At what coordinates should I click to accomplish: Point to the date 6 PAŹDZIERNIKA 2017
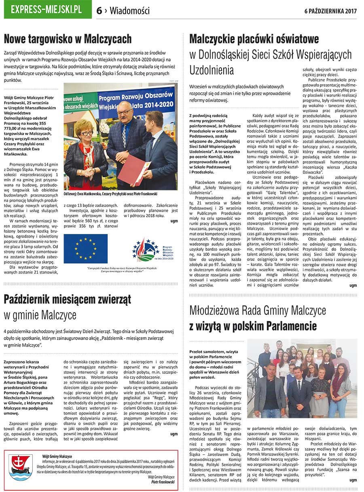point(330,11)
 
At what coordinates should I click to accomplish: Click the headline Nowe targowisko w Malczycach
point(68,39)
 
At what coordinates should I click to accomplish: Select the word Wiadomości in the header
point(129,11)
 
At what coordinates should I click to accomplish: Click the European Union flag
point(85,249)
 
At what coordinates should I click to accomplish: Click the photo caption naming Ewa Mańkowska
point(110,194)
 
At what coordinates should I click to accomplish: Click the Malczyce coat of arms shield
point(21,467)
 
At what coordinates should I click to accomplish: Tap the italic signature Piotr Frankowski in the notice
point(163,482)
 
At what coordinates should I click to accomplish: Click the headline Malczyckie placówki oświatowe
point(254,39)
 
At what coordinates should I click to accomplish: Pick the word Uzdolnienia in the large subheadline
point(212,70)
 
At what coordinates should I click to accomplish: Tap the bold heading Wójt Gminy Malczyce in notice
point(57,456)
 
